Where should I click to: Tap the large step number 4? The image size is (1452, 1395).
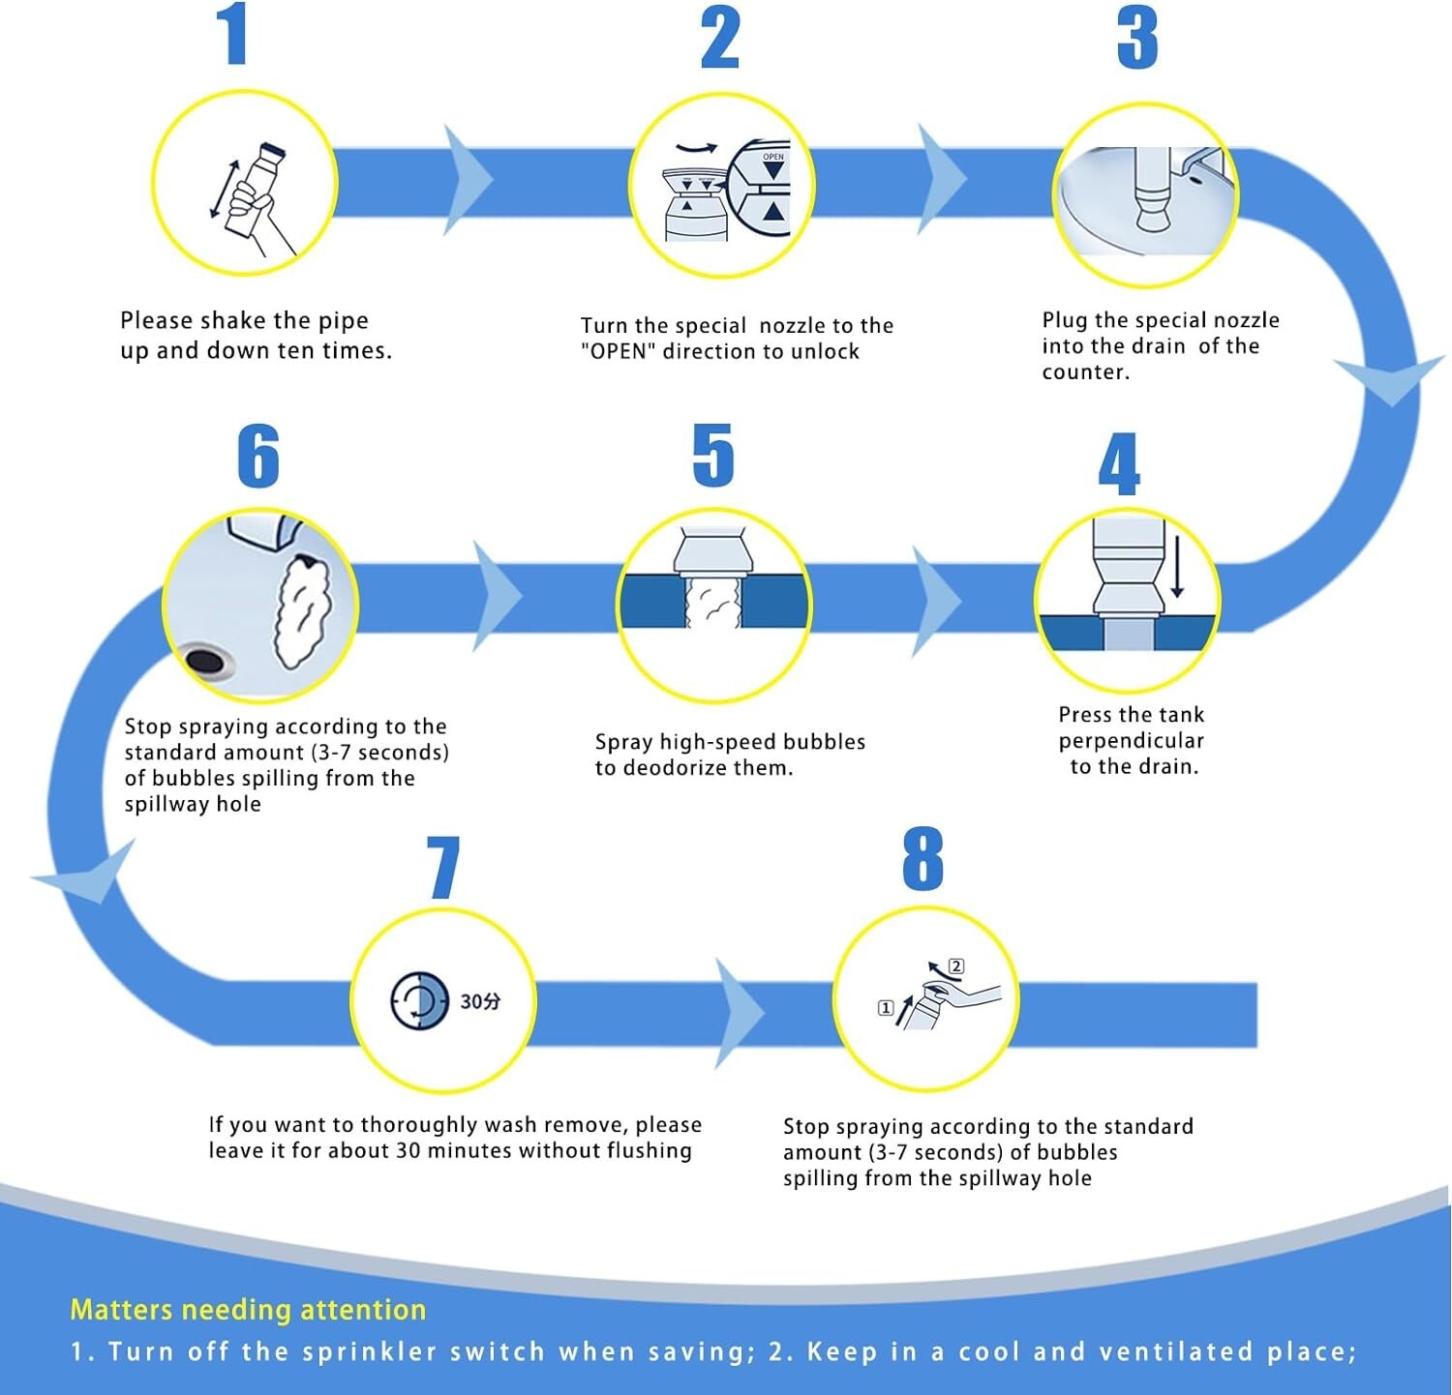(1119, 464)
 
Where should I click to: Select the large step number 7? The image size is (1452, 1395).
(443, 867)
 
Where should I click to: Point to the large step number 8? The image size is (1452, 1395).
(923, 859)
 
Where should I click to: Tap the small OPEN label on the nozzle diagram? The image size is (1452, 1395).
(773, 157)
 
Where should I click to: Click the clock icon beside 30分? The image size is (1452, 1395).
(419, 1001)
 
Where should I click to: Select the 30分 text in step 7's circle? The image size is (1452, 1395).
(480, 1001)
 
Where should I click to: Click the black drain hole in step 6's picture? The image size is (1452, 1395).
(204, 662)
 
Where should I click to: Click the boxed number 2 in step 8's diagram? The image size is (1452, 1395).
(956, 965)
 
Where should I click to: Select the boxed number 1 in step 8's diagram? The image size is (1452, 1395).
(885, 1008)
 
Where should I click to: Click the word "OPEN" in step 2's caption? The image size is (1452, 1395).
(619, 351)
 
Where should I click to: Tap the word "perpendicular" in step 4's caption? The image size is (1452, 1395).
(1131, 741)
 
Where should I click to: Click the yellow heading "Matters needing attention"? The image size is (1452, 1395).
(248, 1310)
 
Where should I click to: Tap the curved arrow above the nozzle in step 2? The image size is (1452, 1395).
(696, 148)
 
